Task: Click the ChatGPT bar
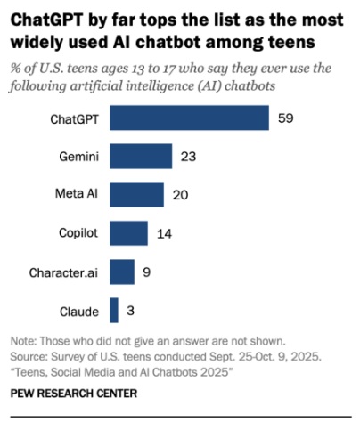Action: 189,118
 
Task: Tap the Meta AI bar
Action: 136,194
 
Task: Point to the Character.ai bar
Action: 122,271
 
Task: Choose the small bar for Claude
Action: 114,309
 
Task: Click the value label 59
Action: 285,118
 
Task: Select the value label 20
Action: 181,194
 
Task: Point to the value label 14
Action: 164,232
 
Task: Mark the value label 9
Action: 147,271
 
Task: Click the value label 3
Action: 131,309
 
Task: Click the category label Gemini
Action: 78,157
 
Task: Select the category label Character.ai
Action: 63,272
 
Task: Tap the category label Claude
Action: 80,310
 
